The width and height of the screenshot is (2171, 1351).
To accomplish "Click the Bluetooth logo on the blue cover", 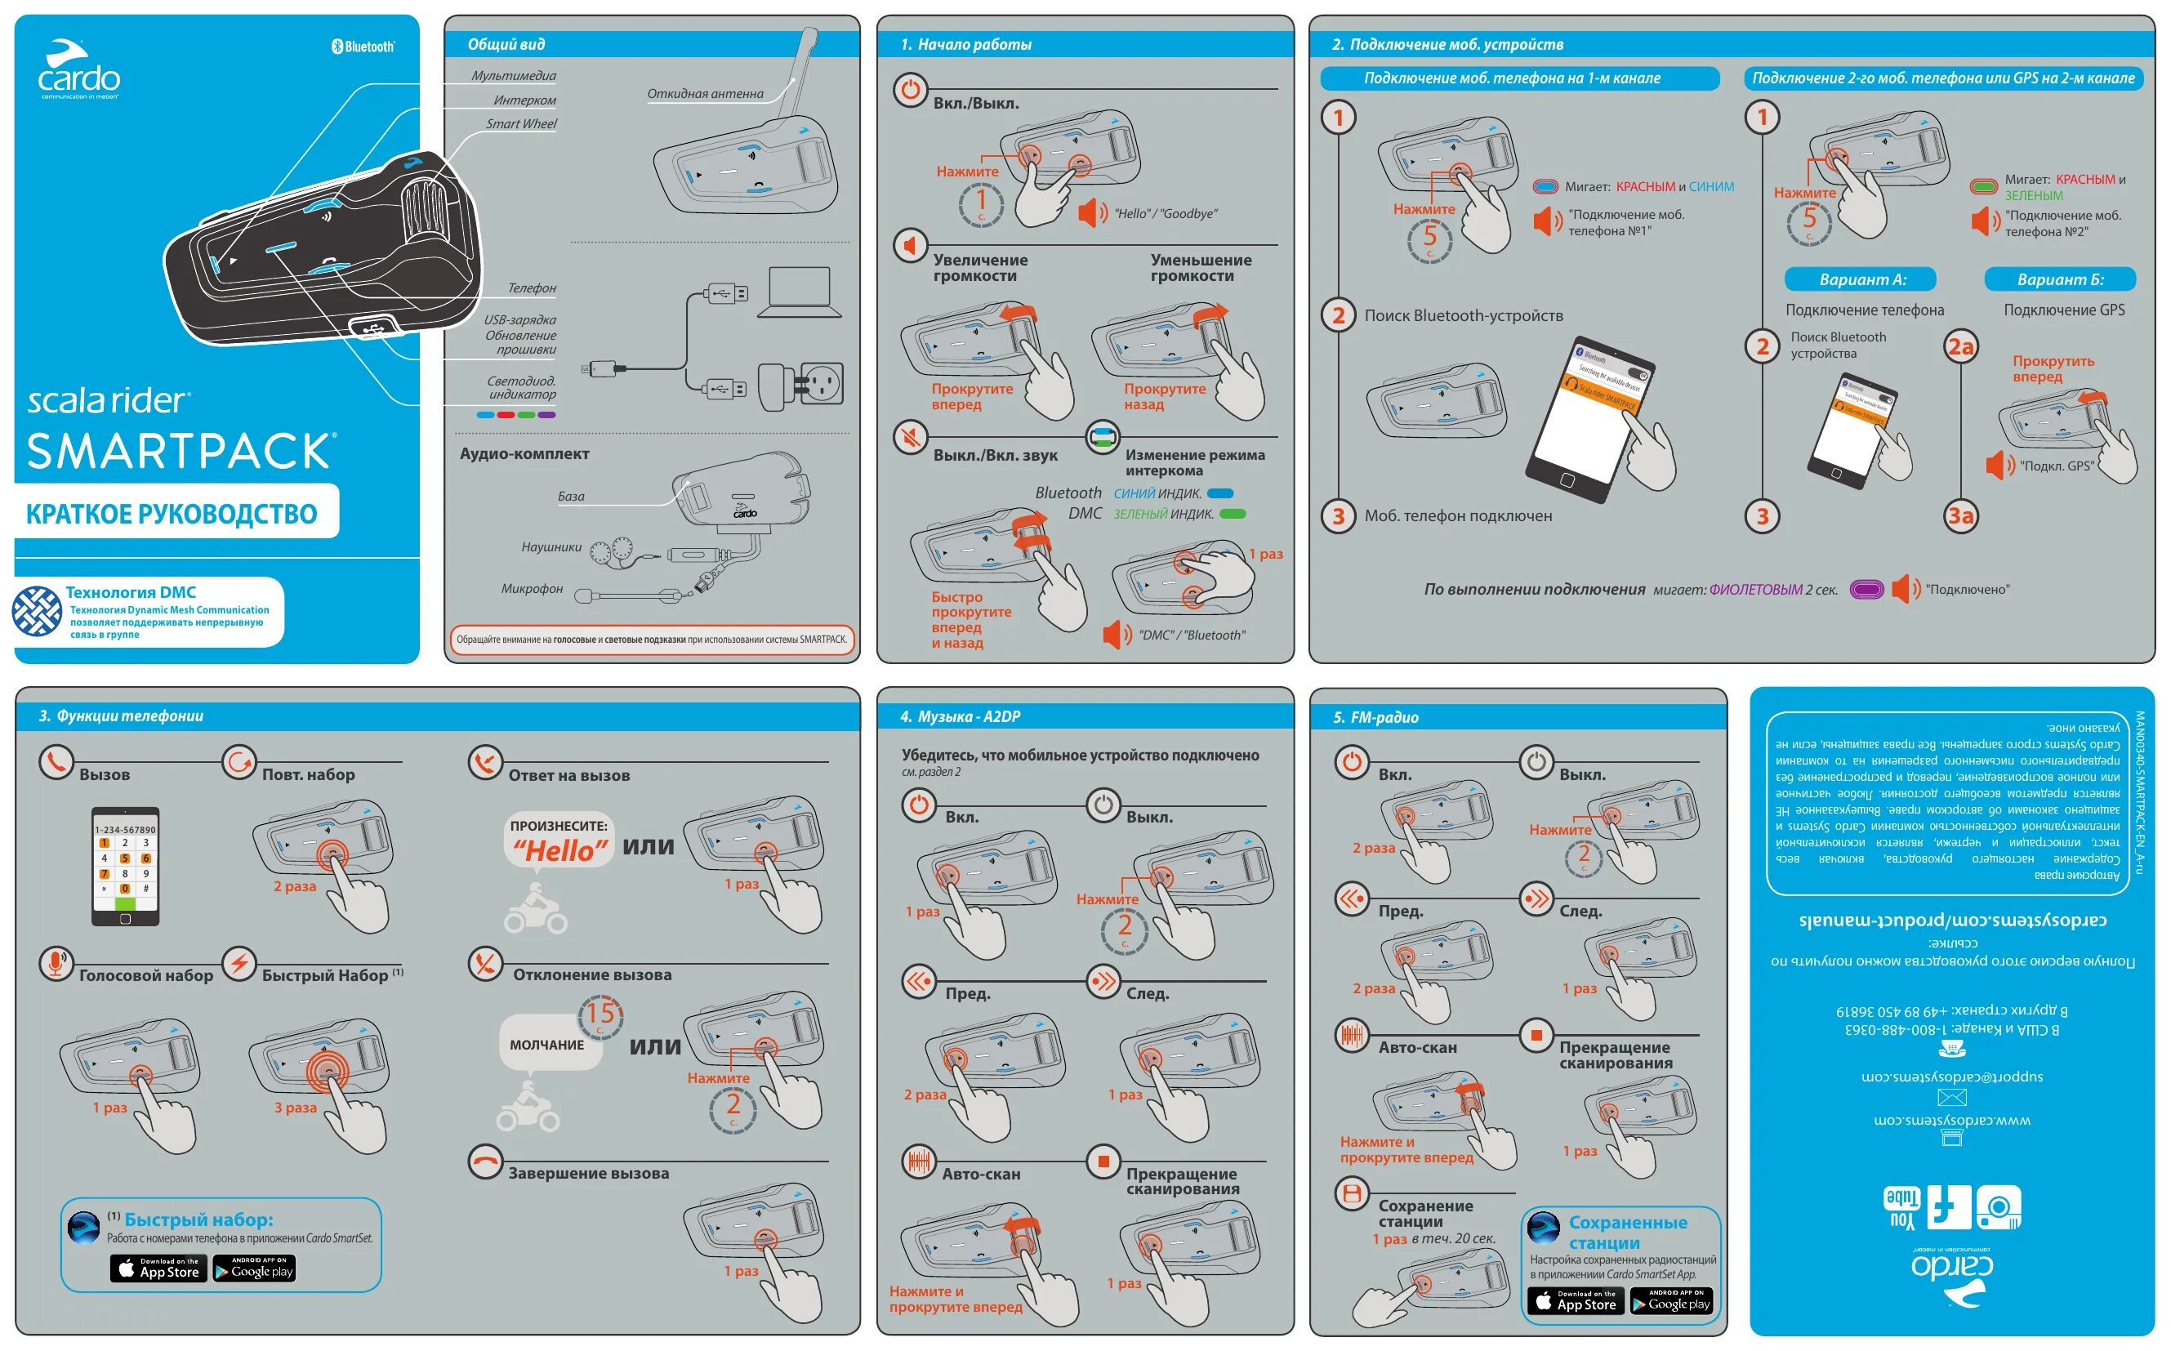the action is click(x=362, y=47).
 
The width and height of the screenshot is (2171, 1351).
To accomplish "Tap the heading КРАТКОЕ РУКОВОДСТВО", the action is click(x=172, y=514).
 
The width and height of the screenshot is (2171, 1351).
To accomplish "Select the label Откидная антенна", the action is click(x=705, y=94).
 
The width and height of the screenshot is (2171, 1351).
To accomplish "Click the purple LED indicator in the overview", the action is click(x=546, y=416).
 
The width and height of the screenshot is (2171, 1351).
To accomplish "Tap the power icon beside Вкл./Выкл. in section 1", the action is click(x=910, y=89).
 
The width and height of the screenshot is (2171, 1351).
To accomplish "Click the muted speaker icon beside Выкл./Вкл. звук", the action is click(x=910, y=437).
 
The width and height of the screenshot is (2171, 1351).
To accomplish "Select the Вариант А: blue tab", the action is click(x=1861, y=279).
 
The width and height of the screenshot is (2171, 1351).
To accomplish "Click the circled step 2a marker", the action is click(x=1960, y=346).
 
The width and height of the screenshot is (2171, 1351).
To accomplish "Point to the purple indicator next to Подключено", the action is click(x=1866, y=590).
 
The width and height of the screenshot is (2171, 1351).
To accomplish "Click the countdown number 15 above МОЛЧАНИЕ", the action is click(x=600, y=1015).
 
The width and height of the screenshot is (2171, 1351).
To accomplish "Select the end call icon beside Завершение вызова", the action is click(x=485, y=1162).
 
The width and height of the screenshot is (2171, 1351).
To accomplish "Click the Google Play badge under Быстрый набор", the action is click(x=255, y=1269).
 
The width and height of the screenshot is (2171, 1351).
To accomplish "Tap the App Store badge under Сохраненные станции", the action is click(x=1576, y=1302).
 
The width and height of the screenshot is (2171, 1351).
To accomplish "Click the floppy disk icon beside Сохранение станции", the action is click(x=1352, y=1193).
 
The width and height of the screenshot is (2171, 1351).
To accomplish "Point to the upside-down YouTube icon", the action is click(x=1902, y=1209).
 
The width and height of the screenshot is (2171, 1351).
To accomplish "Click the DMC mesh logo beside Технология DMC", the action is click(x=37, y=611).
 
